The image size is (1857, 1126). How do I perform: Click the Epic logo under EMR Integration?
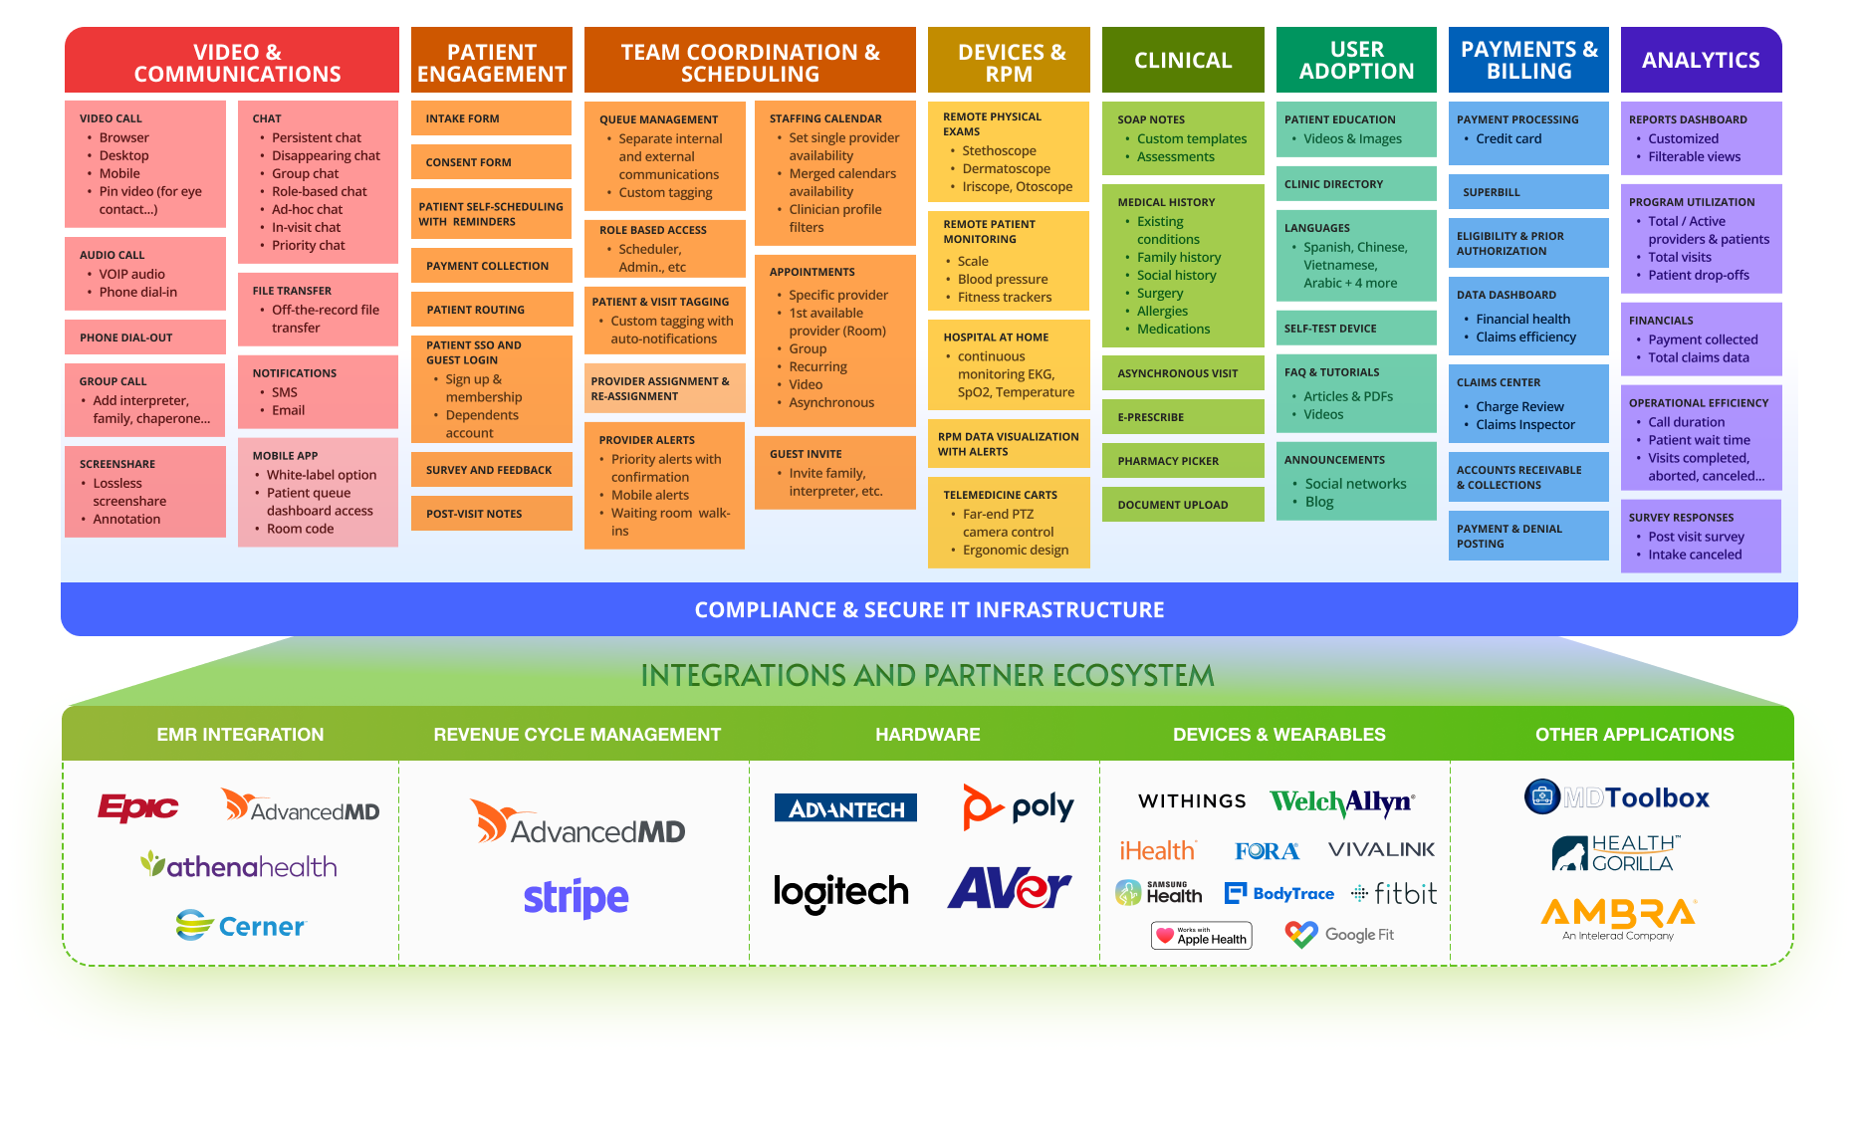(x=137, y=806)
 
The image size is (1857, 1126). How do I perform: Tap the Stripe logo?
(x=576, y=898)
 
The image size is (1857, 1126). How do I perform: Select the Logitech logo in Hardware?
(x=840, y=892)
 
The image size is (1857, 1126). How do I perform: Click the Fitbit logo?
(x=1394, y=894)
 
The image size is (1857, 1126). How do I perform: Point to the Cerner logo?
(x=241, y=926)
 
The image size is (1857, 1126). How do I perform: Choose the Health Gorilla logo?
(x=1616, y=854)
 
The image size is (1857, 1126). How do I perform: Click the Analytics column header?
(x=1700, y=61)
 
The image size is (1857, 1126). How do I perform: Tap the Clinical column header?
(x=1182, y=61)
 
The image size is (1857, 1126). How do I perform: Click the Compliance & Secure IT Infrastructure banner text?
(x=929, y=610)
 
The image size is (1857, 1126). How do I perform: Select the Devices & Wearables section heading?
(x=1278, y=735)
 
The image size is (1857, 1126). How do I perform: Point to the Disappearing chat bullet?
(x=326, y=156)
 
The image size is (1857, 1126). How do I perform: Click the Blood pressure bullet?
(x=1002, y=280)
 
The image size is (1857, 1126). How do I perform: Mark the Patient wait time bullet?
(x=1698, y=440)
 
